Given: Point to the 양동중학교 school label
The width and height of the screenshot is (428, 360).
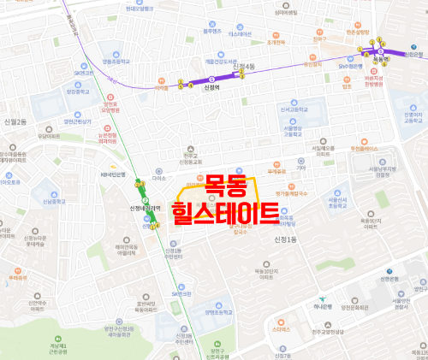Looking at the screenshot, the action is click(x=116, y=62).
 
